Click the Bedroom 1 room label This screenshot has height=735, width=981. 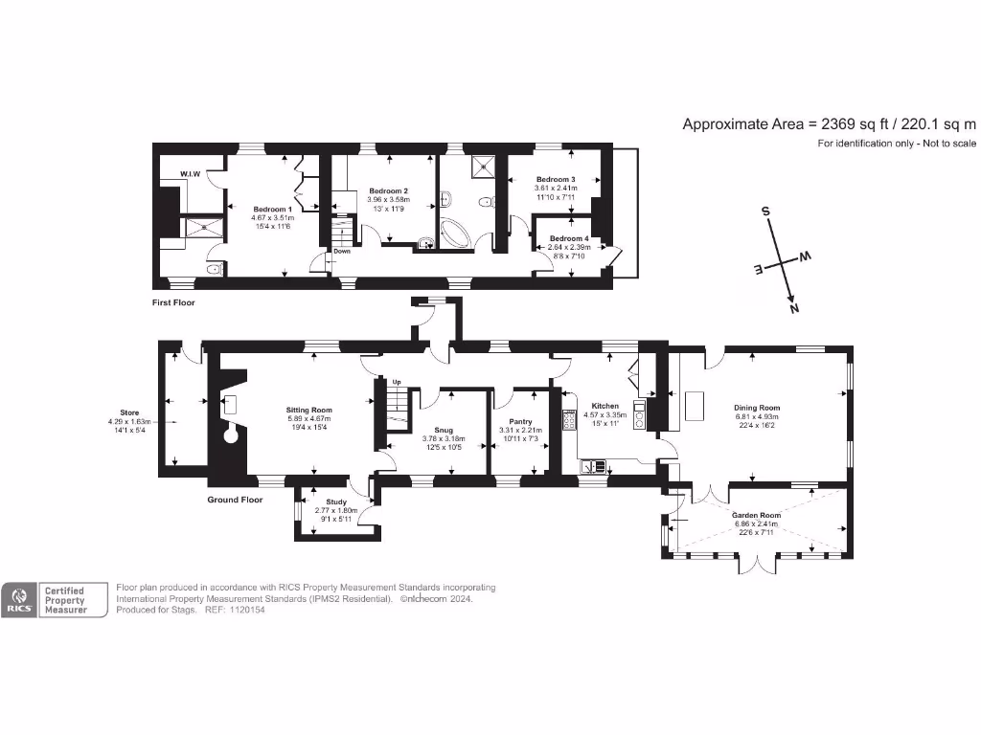(x=272, y=209)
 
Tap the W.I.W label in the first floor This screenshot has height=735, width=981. (x=190, y=173)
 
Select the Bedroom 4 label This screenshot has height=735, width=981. (x=568, y=238)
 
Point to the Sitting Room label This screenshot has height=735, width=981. (x=308, y=408)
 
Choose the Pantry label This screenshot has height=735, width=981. (x=520, y=422)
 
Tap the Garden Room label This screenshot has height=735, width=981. (x=757, y=515)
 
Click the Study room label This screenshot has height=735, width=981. (x=336, y=501)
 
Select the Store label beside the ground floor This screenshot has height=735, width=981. (x=129, y=412)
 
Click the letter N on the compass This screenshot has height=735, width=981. (x=792, y=309)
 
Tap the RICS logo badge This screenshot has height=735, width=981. (x=18, y=600)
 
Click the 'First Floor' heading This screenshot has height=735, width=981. (x=173, y=301)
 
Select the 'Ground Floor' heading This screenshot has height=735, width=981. (x=235, y=500)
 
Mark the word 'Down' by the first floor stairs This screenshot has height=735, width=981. (x=342, y=251)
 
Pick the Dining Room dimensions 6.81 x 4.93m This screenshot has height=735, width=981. (x=757, y=416)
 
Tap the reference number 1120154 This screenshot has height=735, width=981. (x=246, y=610)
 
